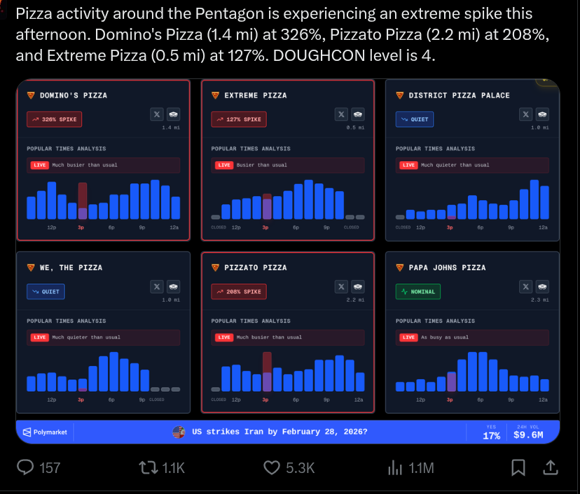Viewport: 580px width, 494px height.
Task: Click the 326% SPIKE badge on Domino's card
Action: click(54, 120)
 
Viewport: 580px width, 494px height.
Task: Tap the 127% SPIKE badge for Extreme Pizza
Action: click(239, 120)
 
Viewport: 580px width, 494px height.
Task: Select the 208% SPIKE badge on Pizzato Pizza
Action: click(239, 291)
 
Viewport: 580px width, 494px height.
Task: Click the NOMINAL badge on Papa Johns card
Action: click(418, 291)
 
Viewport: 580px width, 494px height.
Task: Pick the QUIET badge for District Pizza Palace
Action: click(415, 120)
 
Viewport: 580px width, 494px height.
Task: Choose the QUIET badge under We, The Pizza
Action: click(46, 291)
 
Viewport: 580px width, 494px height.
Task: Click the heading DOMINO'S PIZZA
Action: click(73, 95)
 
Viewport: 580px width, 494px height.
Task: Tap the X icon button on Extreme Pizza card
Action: click(341, 114)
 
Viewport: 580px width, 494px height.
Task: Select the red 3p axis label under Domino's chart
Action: click(81, 227)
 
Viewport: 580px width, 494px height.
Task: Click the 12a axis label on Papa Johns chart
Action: click(542, 400)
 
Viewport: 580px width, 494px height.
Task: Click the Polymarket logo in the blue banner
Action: click(46, 432)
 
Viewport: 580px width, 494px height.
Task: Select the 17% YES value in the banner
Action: click(492, 436)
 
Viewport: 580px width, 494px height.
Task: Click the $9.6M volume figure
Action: click(527, 436)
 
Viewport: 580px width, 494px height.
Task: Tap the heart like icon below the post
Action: click(272, 467)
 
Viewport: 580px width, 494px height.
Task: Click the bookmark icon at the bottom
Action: click(518, 467)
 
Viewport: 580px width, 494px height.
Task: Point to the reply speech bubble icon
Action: click(27, 467)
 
